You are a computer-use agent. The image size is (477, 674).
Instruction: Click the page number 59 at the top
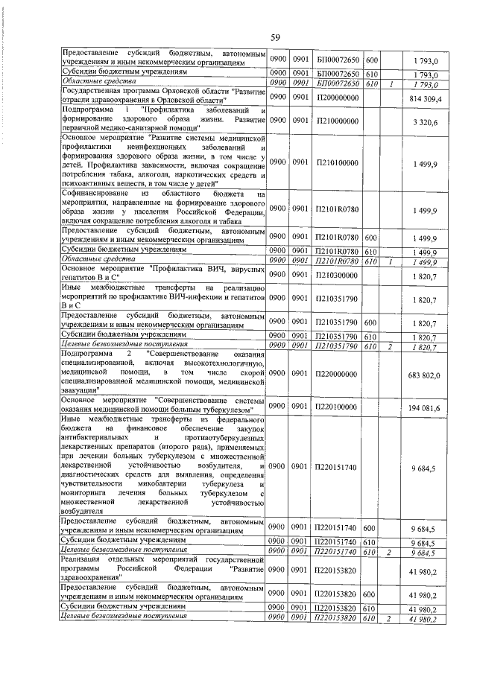(275, 37)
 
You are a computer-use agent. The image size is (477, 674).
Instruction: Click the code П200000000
(338, 98)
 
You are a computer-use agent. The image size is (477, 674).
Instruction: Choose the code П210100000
(338, 162)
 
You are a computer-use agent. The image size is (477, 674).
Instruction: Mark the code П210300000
(338, 275)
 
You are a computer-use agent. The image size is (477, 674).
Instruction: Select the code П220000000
(338, 374)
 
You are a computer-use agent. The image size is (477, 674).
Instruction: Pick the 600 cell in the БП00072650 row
(372, 60)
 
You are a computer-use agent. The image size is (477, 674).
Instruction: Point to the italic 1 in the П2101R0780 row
(390, 262)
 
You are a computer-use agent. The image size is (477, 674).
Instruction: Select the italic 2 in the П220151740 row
(390, 552)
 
